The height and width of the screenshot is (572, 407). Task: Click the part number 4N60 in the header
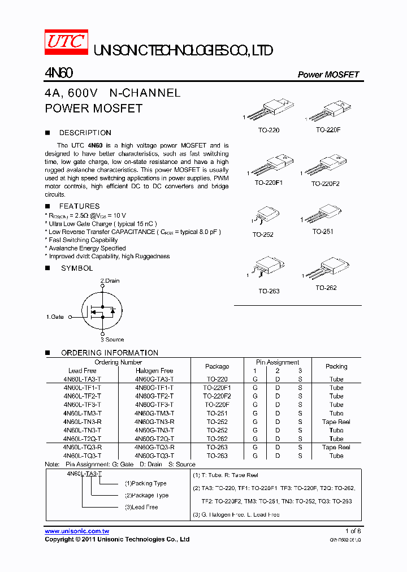click(x=58, y=73)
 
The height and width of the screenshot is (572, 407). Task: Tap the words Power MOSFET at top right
click(x=328, y=75)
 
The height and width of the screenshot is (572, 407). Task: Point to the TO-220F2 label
click(x=325, y=184)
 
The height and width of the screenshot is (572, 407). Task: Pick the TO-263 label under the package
click(x=269, y=291)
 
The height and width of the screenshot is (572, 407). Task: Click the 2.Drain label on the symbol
click(x=110, y=281)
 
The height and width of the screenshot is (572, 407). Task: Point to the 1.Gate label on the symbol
click(x=55, y=317)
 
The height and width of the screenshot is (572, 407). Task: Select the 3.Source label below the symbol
click(x=112, y=340)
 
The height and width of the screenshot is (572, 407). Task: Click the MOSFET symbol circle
click(x=102, y=310)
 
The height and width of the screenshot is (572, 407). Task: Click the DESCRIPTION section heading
click(x=85, y=133)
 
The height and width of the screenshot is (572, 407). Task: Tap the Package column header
click(x=217, y=366)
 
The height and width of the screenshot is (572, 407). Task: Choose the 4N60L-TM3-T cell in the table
click(x=83, y=413)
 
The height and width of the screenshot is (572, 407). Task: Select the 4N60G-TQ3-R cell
click(x=154, y=447)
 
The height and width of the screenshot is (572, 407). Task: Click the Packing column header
click(x=336, y=366)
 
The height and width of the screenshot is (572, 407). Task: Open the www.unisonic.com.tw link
click(x=77, y=531)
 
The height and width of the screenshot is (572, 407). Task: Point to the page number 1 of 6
click(x=353, y=531)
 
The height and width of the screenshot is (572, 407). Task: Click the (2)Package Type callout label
click(x=146, y=495)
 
